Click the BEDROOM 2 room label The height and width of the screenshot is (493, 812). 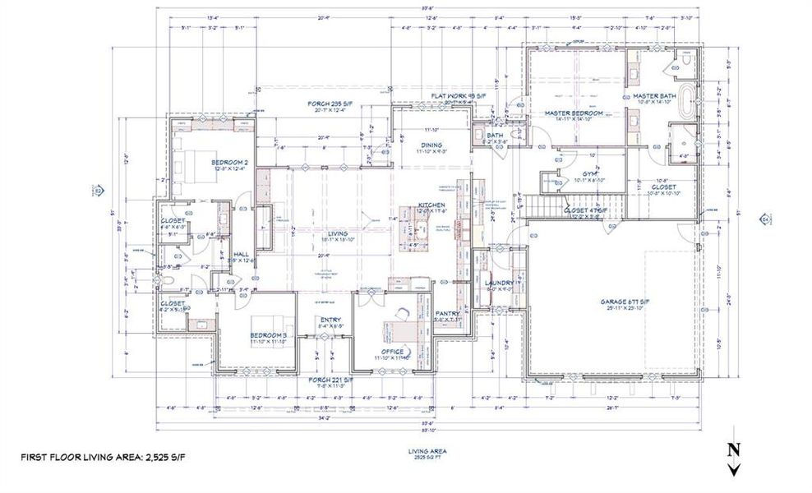pyautogui.click(x=229, y=163)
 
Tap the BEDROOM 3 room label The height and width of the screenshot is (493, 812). pyautogui.click(x=268, y=336)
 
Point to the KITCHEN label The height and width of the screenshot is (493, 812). pyautogui.click(x=431, y=205)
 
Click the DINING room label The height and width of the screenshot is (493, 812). pyautogui.click(x=431, y=145)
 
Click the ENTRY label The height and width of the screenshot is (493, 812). pyautogui.click(x=330, y=320)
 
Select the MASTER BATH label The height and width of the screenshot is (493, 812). pyautogui.click(x=654, y=96)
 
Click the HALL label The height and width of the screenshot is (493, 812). pyautogui.click(x=241, y=255)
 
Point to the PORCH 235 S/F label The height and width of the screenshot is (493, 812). pyautogui.click(x=330, y=104)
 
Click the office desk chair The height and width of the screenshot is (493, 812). pyautogui.click(x=404, y=313)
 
